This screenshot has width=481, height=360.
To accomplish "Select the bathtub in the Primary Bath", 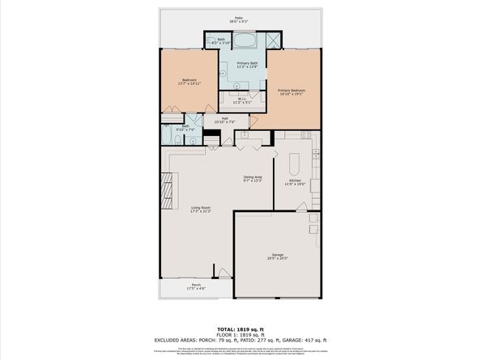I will (x=246, y=40).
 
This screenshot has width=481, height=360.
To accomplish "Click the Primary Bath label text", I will (x=246, y=65).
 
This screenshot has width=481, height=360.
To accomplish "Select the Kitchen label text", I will (x=294, y=182).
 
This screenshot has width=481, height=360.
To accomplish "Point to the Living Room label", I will (x=200, y=210).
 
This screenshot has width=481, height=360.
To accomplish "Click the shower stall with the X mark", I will (x=275, y=41).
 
